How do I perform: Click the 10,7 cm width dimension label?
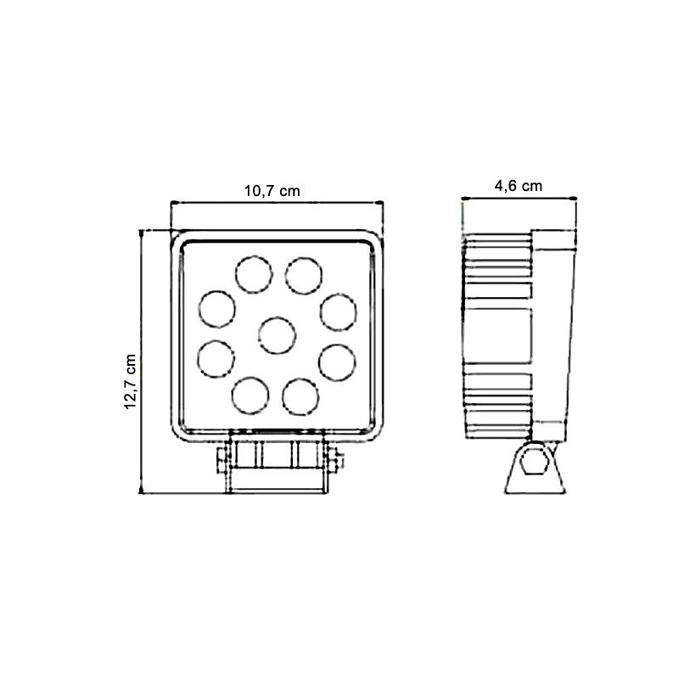coord(272,190)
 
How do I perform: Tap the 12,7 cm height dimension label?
coord(131,381)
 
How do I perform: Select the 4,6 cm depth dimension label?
coord(519,186)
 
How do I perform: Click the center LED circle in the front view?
coord(278,335)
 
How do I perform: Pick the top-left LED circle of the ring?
coord(254,274)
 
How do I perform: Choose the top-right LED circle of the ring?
coord(304,275)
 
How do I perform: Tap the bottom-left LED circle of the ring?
coord(250,396)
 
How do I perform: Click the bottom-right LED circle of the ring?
coord(300,397)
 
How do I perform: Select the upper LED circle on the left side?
coord(217,309)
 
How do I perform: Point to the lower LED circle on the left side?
coord(216,359)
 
